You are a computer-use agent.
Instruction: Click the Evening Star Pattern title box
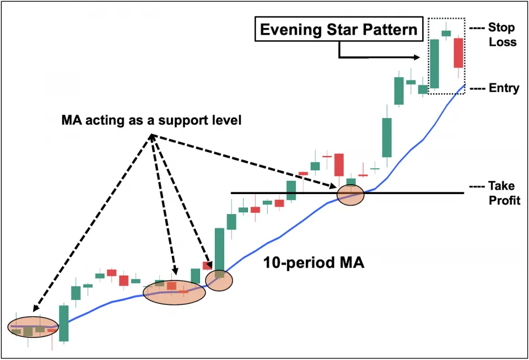pyautogui.click(x=338, y=29)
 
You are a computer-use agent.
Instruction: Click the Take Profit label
pyautogui.click(x=498, y=194)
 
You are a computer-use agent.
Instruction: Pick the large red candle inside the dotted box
pyautogui.click(x=458, y=53)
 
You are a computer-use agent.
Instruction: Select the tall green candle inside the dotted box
pyautogui.click(x=434, y=63)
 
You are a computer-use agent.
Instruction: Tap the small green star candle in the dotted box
pyautogui.click(x=446, y=34)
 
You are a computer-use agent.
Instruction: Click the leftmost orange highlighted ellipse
pyautogui.click(x=33, y=326)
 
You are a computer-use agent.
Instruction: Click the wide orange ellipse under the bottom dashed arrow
pyautogui.click(x=174, y=292)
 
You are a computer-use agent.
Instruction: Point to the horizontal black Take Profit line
pyautogui.click(x=408, y=193)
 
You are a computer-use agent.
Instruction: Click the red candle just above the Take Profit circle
pyautogui.click(x=339, y=164)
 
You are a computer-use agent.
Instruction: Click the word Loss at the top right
pyautogui.click(x=503, y=41)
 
